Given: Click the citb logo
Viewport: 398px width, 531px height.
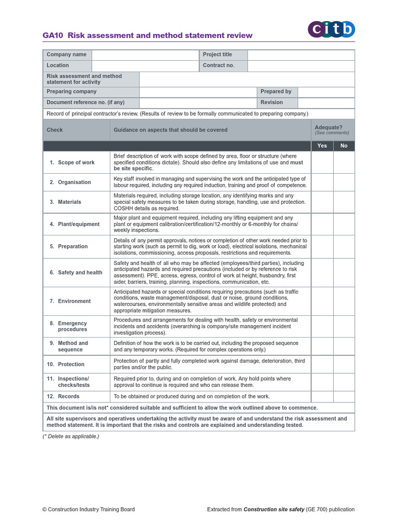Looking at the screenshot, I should point(332,30).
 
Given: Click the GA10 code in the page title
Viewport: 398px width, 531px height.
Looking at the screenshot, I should point(53,36).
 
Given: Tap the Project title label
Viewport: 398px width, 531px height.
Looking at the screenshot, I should point(218,54).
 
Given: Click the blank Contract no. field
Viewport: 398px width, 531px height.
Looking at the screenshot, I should point(301,65).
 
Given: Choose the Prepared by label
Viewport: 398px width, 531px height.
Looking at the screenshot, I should point(276,91).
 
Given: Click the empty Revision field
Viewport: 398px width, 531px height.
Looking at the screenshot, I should point(326,102).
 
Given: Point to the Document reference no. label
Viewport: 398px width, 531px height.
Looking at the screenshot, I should point(86,102).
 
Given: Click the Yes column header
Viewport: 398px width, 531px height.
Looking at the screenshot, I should point(322,146).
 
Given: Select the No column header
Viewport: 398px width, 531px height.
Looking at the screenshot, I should point(344,146).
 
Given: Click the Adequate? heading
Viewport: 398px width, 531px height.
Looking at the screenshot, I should point(328,127).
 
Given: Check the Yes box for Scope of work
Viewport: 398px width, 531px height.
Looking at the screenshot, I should point(322,162).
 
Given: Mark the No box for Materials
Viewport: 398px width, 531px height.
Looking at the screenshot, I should point(344,202).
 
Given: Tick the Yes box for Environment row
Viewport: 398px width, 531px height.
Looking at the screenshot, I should point(322,301).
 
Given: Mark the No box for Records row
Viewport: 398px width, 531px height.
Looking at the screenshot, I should point(344,396).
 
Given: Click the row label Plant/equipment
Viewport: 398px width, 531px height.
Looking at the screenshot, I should point(78,224).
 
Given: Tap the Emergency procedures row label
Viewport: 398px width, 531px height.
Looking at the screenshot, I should point(72,326).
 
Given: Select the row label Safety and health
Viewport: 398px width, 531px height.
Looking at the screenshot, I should point(80,272).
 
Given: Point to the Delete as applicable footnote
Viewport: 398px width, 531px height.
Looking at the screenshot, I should point(70,436).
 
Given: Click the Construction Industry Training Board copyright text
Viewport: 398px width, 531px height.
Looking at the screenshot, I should point(89,509).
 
